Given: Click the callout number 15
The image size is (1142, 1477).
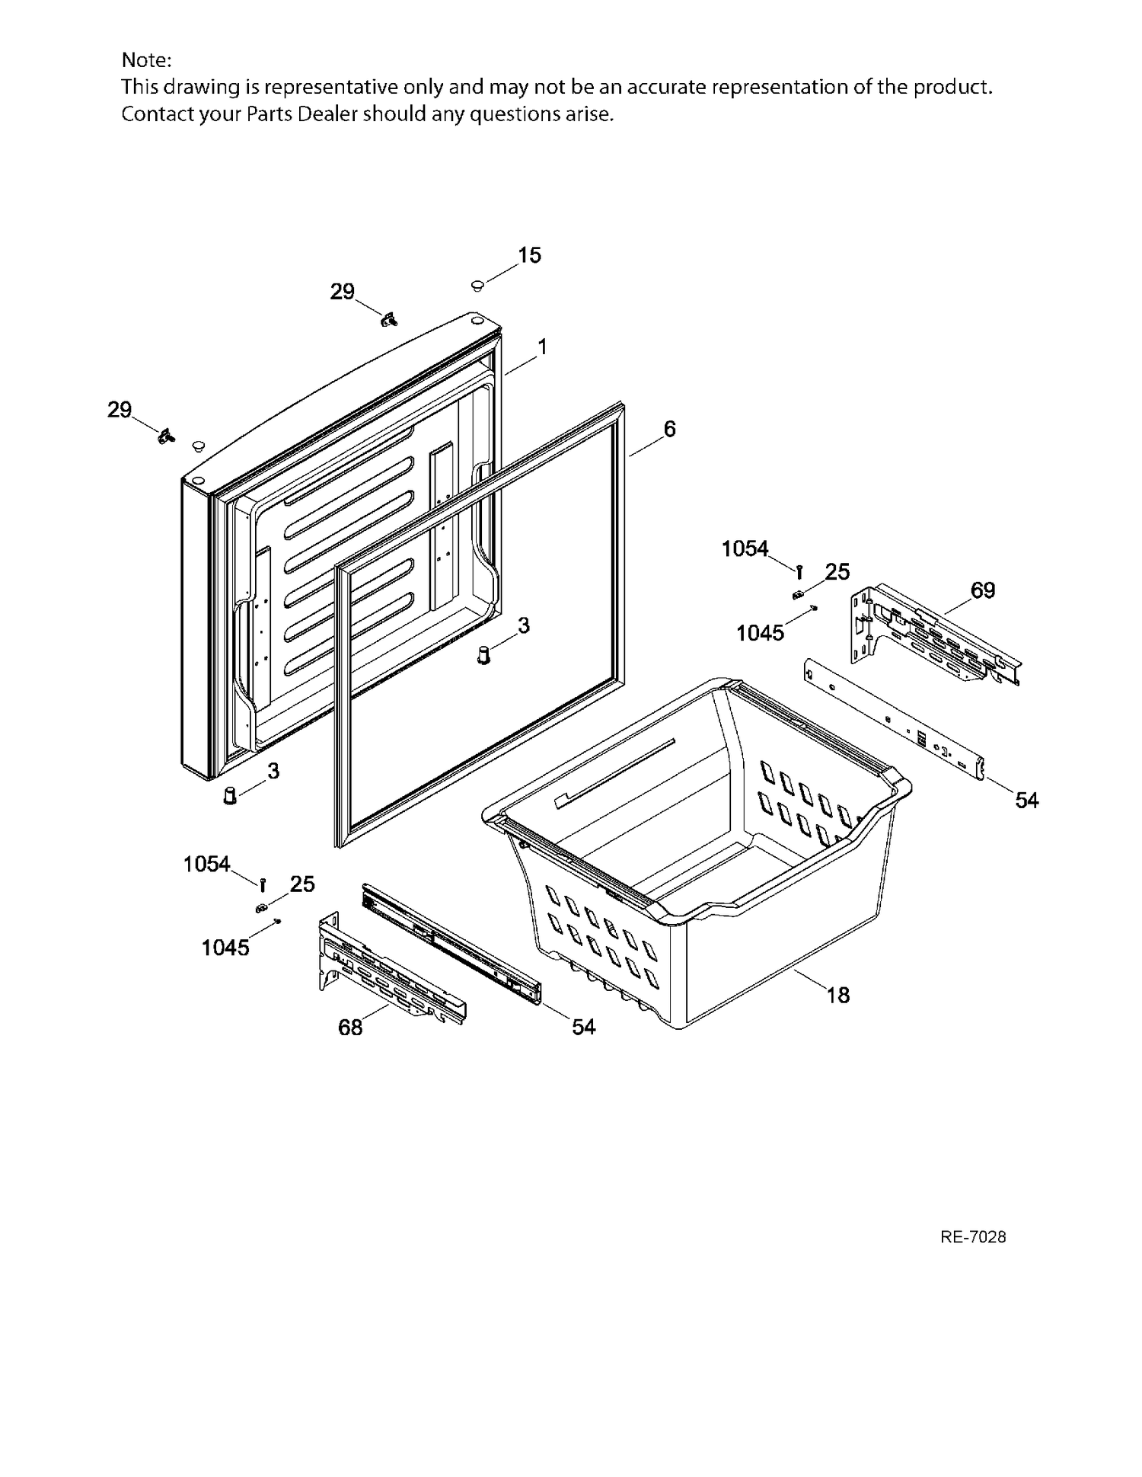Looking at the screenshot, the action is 530,255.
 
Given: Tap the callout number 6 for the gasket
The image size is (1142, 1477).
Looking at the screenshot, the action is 669,429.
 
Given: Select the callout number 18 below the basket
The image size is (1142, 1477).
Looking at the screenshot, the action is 838,995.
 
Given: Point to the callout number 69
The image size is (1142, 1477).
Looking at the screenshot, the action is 983,590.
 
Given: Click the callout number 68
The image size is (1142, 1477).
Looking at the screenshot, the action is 350,1028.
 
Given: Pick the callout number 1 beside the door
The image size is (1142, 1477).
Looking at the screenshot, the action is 543,347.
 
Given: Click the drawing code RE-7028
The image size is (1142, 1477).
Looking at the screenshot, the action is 973,1237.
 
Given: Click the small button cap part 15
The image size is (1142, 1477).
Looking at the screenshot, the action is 477,286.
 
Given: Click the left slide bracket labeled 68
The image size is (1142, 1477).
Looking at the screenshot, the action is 391,966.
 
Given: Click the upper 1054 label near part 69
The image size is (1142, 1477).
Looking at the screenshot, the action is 745,548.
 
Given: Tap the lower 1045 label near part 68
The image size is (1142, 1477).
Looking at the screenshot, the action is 225,948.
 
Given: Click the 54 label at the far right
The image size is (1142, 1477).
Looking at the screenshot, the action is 1027,800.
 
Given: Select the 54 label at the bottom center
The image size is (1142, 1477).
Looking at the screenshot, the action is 583,1027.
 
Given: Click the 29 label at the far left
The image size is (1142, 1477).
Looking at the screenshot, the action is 120,410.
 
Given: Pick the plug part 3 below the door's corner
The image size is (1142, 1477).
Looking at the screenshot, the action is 229,796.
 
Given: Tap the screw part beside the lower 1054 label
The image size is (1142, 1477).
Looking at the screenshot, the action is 263,884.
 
